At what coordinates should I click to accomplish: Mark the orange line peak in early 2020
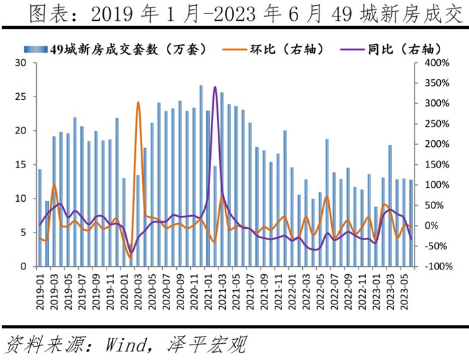[x=138, y=103]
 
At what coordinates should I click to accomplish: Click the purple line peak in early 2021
[x=215, y=86]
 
